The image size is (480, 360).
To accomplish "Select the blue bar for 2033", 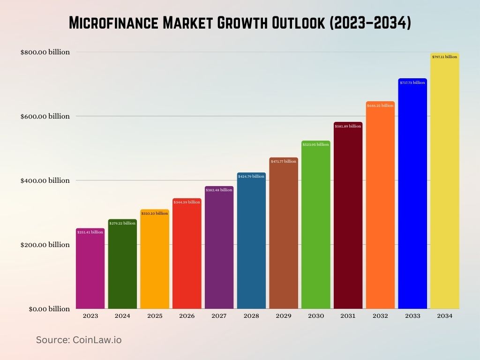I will click(x=412, y=197).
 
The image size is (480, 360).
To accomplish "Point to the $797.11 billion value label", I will click(x=444, y=57).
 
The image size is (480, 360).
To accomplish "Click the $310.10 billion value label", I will click(x=155, y=213).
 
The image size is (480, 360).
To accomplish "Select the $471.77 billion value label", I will click(x=284, y=161).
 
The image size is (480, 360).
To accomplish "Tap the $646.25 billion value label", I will click(x=380, y=105).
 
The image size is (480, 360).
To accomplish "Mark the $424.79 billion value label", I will click(x=251, y=176).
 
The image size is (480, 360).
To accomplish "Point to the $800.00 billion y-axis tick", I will click(x=45, y=52).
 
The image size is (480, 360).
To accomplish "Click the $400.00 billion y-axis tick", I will click(x=45, y=180).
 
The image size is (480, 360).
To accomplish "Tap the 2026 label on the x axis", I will click(x=187, y=316).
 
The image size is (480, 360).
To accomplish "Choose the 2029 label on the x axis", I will click(x=284, y=316).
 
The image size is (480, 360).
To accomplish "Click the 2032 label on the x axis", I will click(x=380, y=316).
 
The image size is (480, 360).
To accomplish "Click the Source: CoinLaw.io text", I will click(x=79, y=340).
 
